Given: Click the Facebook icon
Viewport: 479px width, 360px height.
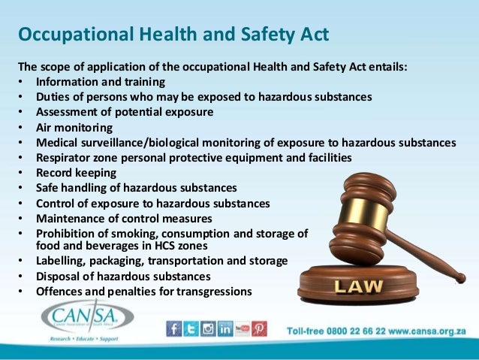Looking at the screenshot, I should click(174, 328).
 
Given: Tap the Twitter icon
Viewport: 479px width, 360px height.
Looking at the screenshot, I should click(191, 328).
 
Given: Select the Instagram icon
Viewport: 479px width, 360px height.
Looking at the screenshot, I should click(208, 328).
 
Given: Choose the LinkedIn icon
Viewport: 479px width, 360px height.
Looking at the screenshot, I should click(225, 328).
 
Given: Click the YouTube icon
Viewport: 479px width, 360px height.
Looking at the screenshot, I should click(243, 328).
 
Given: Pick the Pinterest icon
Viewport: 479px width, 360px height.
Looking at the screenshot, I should click(259, 328).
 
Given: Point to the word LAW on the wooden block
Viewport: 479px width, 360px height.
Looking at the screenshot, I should click(363, 286).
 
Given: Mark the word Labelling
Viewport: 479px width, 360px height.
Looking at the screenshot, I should click(62, 261).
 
